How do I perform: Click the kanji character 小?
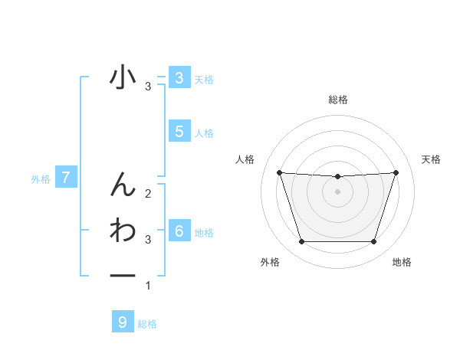coord(123,78)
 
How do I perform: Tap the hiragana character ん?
coord(123,184)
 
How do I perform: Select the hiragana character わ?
coord(123,230)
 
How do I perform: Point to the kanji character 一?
coord(123,276)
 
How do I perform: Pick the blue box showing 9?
coord(123,322)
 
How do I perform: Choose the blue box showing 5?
coord(179,131)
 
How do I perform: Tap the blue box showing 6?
coord(179,231)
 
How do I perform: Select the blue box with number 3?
coord(179,77)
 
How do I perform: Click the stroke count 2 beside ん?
coord(148,193)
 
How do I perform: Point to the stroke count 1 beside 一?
coord(148,286)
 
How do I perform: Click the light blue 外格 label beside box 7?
coord(41,179)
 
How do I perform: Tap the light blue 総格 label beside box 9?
coord(147,324)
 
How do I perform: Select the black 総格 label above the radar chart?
coord(337,100)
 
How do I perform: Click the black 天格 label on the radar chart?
coord(432,159)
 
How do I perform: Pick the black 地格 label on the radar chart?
coord(402,262)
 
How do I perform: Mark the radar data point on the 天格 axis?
coord(396,172)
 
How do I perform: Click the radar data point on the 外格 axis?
coord(301,242)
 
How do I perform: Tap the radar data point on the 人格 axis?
coord(279,172)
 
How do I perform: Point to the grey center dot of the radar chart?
coord(337,191)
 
